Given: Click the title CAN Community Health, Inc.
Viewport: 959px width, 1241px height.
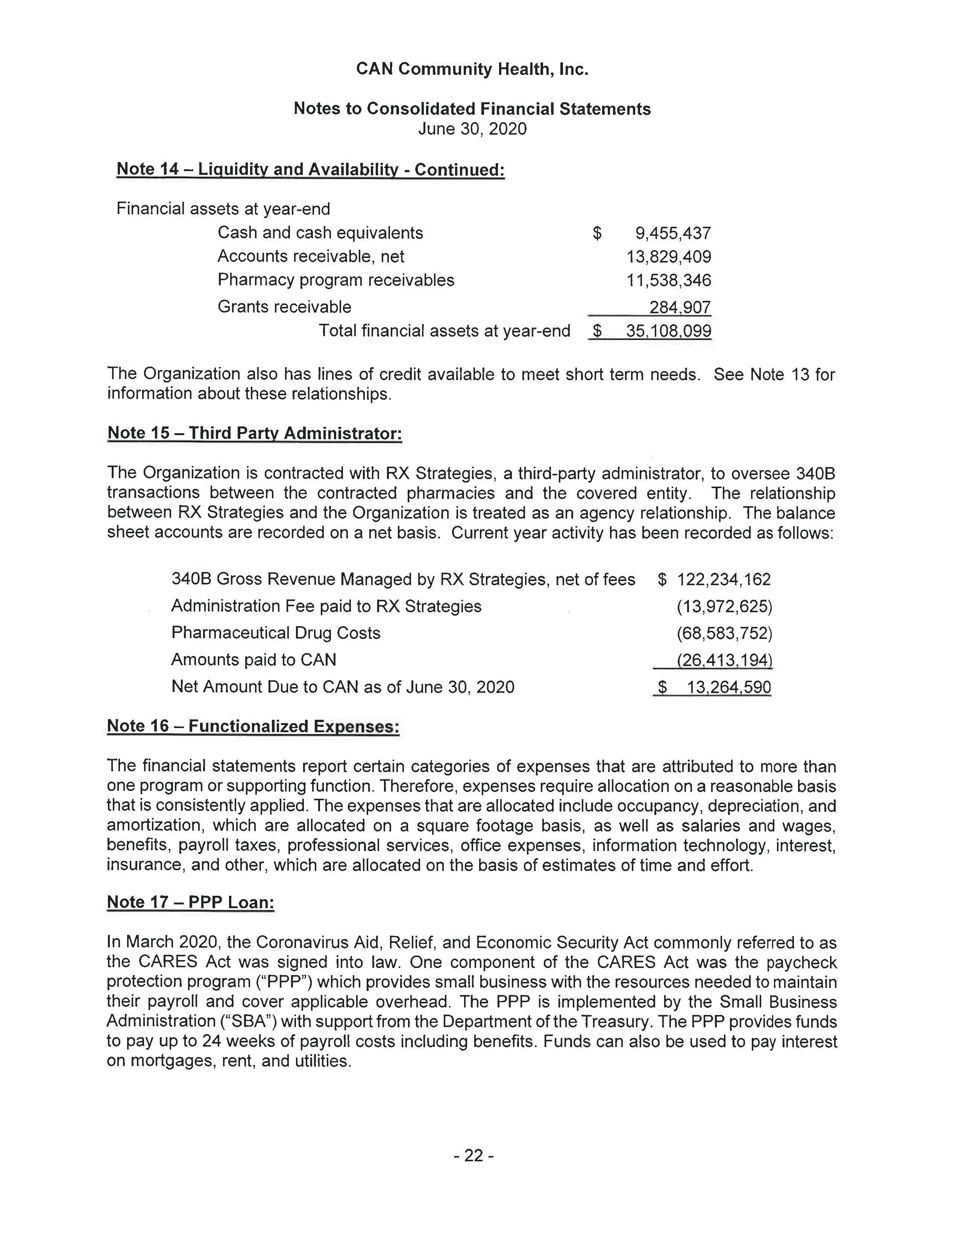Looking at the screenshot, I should tap(472, 69).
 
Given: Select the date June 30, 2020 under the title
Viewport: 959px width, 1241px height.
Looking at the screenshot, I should tap(472, 129).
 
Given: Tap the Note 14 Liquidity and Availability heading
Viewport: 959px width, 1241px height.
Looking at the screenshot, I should tap(310, 169).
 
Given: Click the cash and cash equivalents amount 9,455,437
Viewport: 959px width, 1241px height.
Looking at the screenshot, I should tap(673, 233).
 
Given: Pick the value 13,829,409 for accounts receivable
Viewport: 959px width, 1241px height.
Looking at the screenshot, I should tap(668, 257).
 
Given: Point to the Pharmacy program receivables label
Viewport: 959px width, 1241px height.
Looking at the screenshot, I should tap(336, 280).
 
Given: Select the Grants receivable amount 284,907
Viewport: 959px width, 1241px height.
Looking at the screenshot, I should tap(680, 307).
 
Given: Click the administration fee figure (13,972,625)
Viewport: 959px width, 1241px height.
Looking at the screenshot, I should tap(724, 606).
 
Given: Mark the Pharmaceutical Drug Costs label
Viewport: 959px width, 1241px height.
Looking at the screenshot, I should tap(276, 633).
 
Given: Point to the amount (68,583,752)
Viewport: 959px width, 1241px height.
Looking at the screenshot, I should tap(724, 633).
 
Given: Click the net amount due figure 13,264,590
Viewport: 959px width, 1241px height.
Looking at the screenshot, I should tap(729, 687).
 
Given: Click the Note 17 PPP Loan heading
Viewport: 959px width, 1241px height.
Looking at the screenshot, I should tap(190, 902).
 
